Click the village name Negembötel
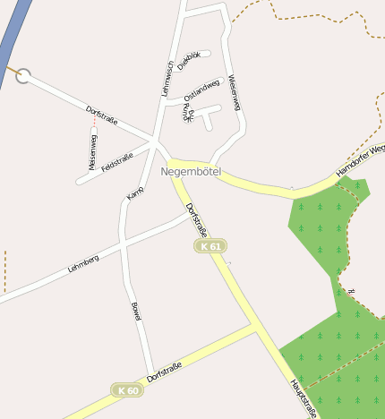click(190, 171)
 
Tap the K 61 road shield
click(210, 245)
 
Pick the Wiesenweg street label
click(235, 92)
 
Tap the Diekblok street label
click(189, 60)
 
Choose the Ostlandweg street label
click(201, 90)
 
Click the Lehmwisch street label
click(167, 78)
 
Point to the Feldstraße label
click(117, 162)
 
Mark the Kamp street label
click(135, 191)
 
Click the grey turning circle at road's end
click(23, 76)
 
